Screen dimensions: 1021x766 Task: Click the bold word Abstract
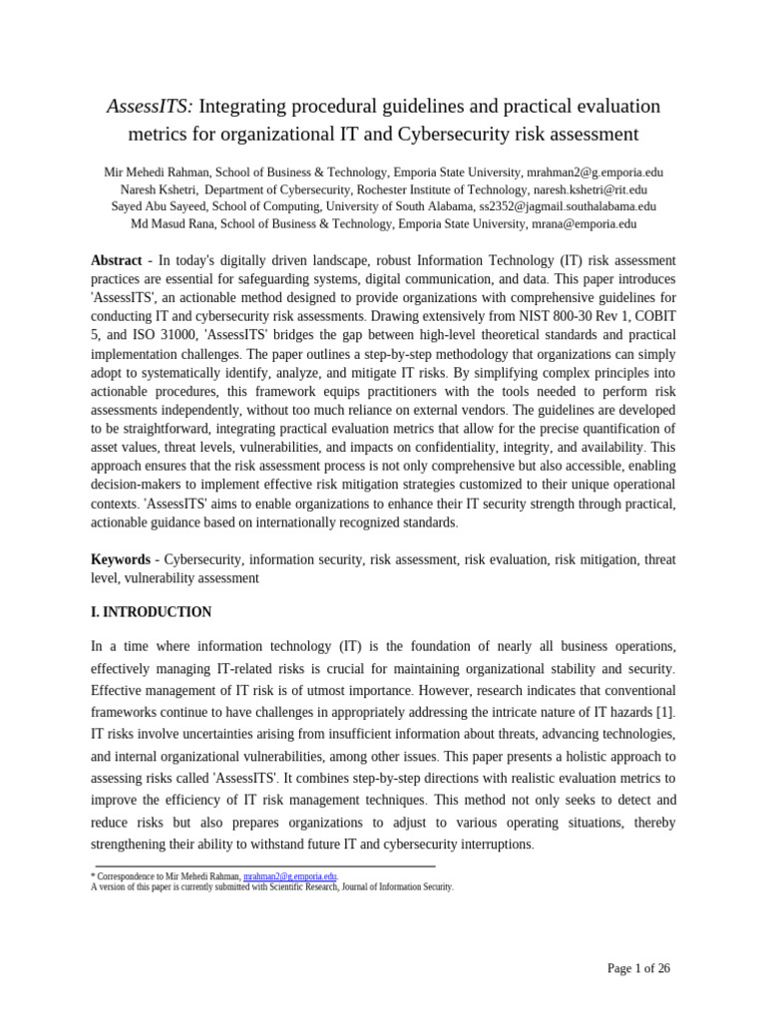[x=117, y=260]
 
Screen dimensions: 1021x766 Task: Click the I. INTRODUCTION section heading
[x=151, y=612]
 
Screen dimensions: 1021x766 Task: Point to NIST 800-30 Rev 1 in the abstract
[x=574, y=316]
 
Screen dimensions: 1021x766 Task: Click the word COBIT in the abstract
[x=654, y=316]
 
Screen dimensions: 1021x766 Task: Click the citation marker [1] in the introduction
[x=665, y=711]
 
